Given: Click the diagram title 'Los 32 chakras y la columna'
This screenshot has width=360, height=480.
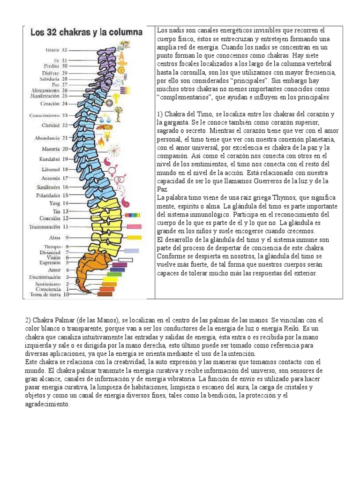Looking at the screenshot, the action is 86,33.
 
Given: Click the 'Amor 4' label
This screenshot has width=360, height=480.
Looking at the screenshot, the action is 59,270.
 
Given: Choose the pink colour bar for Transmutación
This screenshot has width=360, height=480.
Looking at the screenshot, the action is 134,226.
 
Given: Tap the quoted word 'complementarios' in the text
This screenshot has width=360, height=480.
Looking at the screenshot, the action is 185,97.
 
